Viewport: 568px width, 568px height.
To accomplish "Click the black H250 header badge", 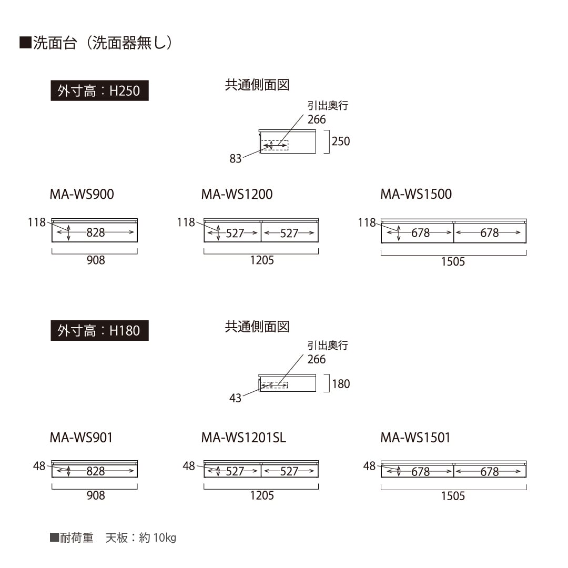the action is pos(99,90).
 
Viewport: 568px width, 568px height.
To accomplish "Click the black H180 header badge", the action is pos(99,330).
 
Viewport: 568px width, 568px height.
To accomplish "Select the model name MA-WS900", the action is pos(82,194).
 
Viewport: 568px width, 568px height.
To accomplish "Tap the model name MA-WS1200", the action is pos(237,194).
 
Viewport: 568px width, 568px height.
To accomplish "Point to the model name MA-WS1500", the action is pos(416,194).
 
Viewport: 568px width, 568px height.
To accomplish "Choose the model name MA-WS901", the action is pos(81,438).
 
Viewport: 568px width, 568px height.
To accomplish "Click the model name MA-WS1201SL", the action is pos(244,438).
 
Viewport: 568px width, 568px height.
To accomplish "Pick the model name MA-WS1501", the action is pos(415,438).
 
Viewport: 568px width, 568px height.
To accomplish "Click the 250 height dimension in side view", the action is pos(341,141).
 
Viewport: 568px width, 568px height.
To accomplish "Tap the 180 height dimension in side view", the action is pos(341,384).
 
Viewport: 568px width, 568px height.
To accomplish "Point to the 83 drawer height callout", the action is pos(236,159).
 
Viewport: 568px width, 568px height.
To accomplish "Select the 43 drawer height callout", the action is pos(236,398).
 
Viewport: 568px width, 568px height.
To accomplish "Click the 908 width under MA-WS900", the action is pos(96,260).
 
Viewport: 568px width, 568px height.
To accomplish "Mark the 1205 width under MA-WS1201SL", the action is pos(262,495).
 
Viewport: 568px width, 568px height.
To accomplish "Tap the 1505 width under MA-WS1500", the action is pos(453,261).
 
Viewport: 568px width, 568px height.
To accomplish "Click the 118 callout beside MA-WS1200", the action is pos(186,222).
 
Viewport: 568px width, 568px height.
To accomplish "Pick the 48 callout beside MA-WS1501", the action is pos(370,466).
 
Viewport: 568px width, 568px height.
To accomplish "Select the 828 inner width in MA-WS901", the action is pos(96,471).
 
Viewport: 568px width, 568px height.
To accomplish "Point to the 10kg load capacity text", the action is pos(165,537).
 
